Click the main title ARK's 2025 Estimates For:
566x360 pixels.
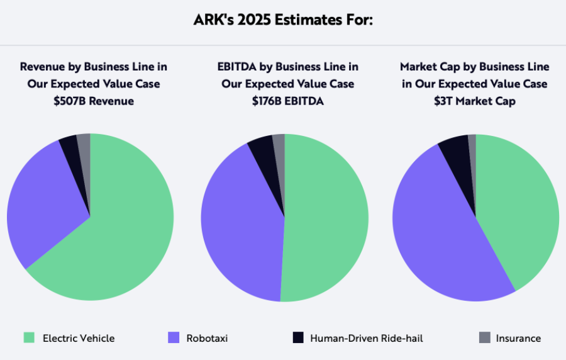(283, 20)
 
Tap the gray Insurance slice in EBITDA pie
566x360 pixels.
(279, 144)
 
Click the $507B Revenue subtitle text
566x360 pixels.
(94, 101)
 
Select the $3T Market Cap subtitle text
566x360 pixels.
(475, 101)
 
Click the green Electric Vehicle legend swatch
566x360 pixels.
(29, 338)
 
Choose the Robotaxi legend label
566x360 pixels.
(207, 338)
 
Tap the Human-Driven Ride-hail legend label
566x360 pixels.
(366, 338)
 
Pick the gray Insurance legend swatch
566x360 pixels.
(484, 338)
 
